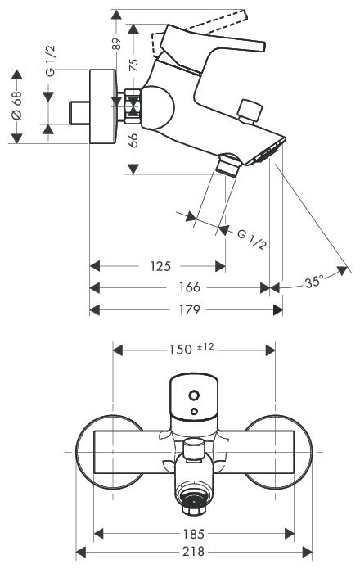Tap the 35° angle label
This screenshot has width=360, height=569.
click(314, 282)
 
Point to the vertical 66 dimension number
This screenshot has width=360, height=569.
click(133, 141)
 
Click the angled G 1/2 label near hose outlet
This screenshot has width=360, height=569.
click(252, 240)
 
